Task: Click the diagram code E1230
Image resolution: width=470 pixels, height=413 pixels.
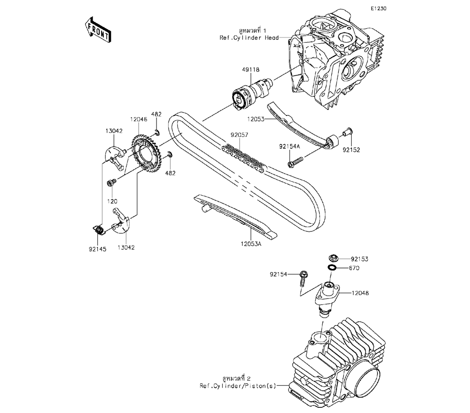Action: (x=378, y=8)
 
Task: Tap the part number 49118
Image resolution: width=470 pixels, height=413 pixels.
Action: (x=251, y=70)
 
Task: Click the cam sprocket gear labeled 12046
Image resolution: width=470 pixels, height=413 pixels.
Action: (x=147, y=157)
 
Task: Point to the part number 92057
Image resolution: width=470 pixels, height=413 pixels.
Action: (x=239, y=135)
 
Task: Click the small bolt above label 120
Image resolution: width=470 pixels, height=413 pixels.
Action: (x=112, y=182)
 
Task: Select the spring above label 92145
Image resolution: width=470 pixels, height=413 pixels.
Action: (x=98, y=230)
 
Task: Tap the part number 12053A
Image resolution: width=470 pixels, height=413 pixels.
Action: (x=251, y=244)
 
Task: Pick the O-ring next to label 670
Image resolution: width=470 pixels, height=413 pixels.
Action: (x=332, y=267)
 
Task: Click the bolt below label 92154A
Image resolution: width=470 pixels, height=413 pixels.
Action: (x=296, y=162)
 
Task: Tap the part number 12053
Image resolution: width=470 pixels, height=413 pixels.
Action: (x=256, y=119)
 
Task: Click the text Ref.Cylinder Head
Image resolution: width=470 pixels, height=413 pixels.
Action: (x=249, y=38)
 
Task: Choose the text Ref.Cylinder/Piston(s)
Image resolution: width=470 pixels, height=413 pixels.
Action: (x=238, y=386)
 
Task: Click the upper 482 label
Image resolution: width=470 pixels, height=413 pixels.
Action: (x=156, y=114)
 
